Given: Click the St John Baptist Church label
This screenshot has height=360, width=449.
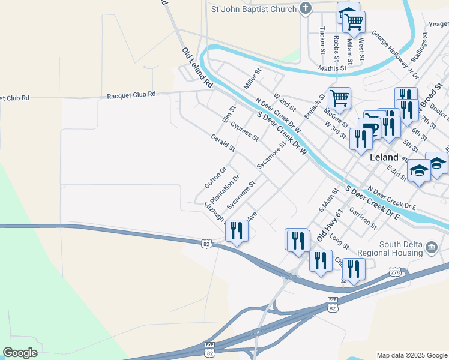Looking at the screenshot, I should point(253,9).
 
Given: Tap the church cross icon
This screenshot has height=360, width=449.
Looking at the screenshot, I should point(306,8).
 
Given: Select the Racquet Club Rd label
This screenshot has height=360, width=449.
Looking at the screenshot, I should point(131,95).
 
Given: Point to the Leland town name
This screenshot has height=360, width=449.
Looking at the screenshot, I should point(385,157).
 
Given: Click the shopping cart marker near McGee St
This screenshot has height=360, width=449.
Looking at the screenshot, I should point(340,98).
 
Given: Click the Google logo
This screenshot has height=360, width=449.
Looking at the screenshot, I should point(20,353).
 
